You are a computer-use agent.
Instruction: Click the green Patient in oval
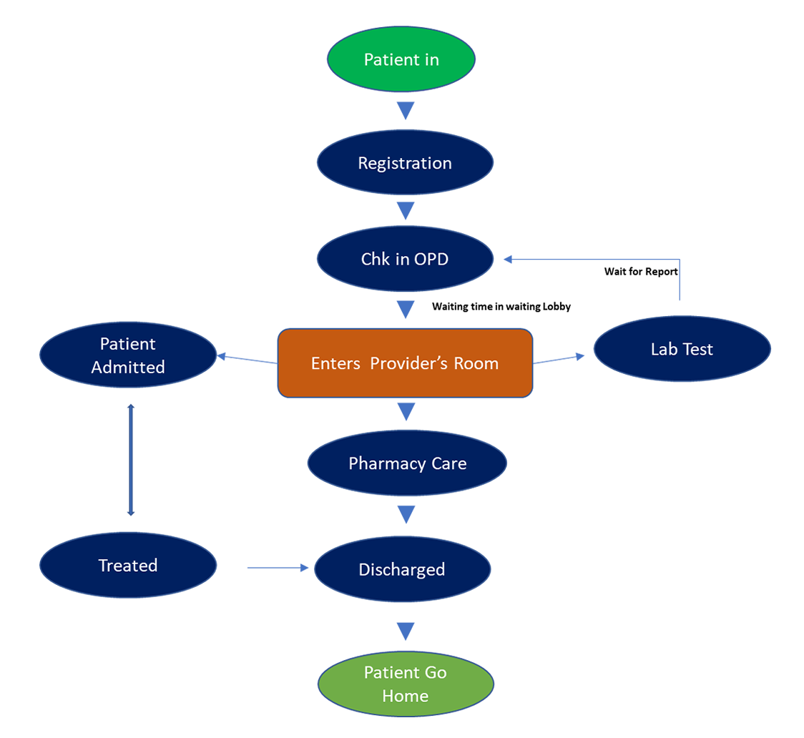pyautogui.click(x=401, y=59)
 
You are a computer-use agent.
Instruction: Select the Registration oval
pyautogui.click(x=405, y=163)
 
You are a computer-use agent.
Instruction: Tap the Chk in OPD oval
pyautogui.click(x=405, y=259)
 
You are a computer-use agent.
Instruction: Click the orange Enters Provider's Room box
pyautogui.click(x=405, y=363)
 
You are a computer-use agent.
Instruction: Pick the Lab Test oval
pyautogui.click(x=682, y=349)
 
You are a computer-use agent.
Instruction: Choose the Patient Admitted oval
pyautogui.click(x=128, y=355)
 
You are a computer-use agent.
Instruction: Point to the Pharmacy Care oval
pyautogui.click(x=407, y=463)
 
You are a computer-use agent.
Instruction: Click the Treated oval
pyautogui.click(x=128, y=566)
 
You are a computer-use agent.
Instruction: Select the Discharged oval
pyautogui.click(x=402, y=570)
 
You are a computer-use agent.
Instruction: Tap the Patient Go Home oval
pyautogui.click(x=405, y=684)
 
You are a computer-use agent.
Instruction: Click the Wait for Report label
pyautogui.click(x=641, y=272)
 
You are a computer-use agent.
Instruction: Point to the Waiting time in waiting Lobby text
pyautogui.click(x=501, y=307)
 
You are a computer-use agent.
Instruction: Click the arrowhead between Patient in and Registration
pyautogui.click(x=406, y=111)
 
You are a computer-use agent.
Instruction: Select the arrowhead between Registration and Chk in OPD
pyautogui.click(x=406, y=211)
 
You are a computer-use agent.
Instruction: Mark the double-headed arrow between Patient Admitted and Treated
pyautogui.click(x=130, y=460)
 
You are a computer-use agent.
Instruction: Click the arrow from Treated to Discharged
pyautogui.click(x=278, y=568)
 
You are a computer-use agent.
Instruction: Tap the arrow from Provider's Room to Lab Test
pyautogui.click(x=559, y=359)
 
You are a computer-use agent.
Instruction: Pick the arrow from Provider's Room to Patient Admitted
pyautogui.click(x=247, y=359)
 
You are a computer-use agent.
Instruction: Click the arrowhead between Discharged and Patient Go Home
pyautogui.click(x=406, y=631)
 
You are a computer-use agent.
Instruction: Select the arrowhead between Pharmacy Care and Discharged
pyautogui.click(x=406, y=514)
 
